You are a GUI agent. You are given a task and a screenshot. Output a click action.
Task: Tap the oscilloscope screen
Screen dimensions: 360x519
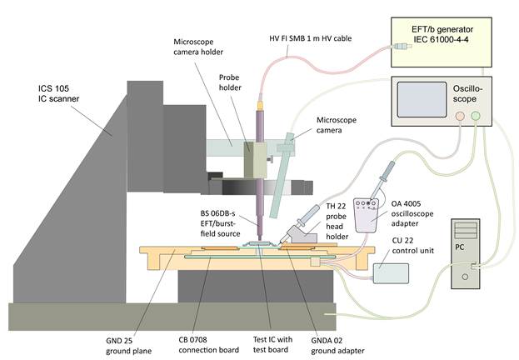pyautogui.click(x=423, y=99)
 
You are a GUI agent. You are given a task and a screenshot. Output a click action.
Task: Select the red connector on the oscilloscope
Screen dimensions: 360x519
pyautogui.click(x=459, y=117)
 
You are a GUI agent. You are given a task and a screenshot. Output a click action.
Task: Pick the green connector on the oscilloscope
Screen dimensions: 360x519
pyautogui.click(x=477, y=117)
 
